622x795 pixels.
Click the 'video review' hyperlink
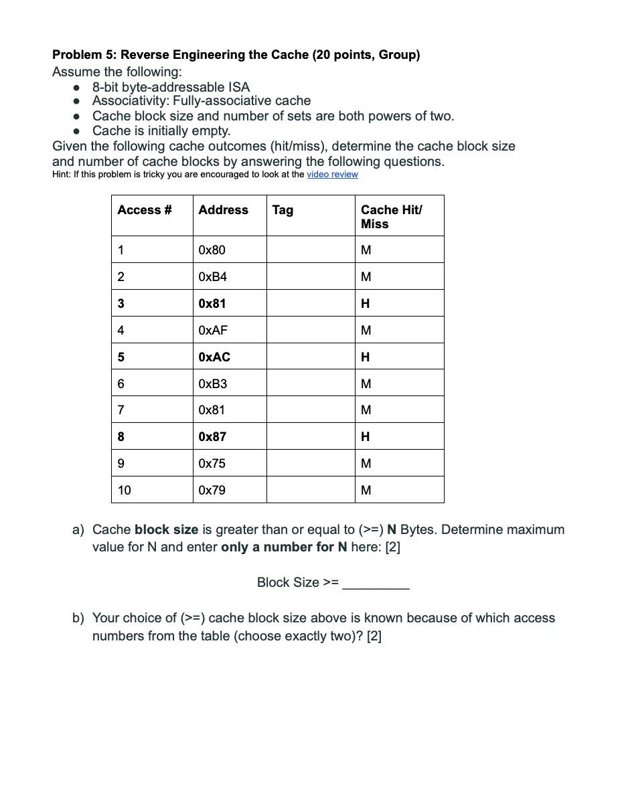(332, 175)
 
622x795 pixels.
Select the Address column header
(223, 210)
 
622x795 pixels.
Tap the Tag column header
(283, 210)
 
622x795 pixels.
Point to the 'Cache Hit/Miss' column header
(391, 216)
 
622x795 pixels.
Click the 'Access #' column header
(144, 210)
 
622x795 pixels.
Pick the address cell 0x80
(212, 250)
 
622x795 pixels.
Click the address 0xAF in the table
(213, 330)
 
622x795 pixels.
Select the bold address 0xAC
(214, 357)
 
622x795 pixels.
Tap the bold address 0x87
(212, 437)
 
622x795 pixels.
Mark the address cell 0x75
(212, 463)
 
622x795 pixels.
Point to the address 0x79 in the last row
(212, 491)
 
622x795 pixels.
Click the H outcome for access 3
(365, 304)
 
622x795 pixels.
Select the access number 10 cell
(124, 491)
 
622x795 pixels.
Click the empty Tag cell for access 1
(310, 250)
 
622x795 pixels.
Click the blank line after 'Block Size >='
(376, 584)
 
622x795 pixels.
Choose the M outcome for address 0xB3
(366, 383)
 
